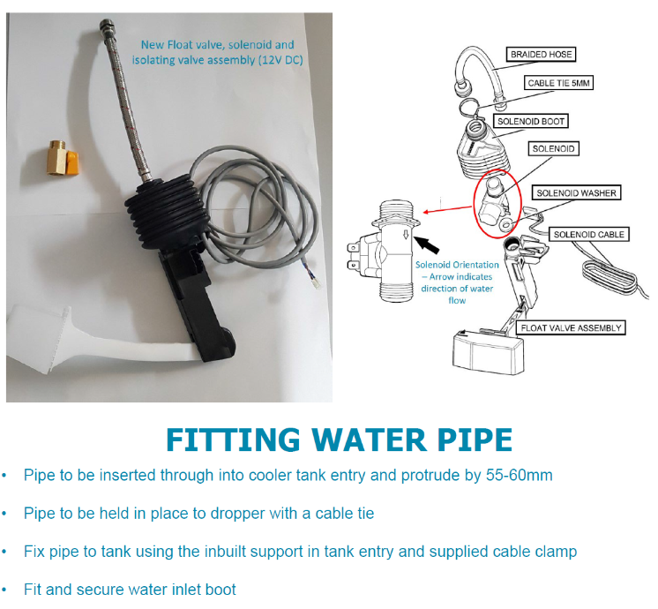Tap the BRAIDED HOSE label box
click(x=541, y=55)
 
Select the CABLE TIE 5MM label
click(x=559, y=83)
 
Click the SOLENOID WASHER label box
click(x=578, y=192)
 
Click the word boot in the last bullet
click(x=220, y=589)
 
